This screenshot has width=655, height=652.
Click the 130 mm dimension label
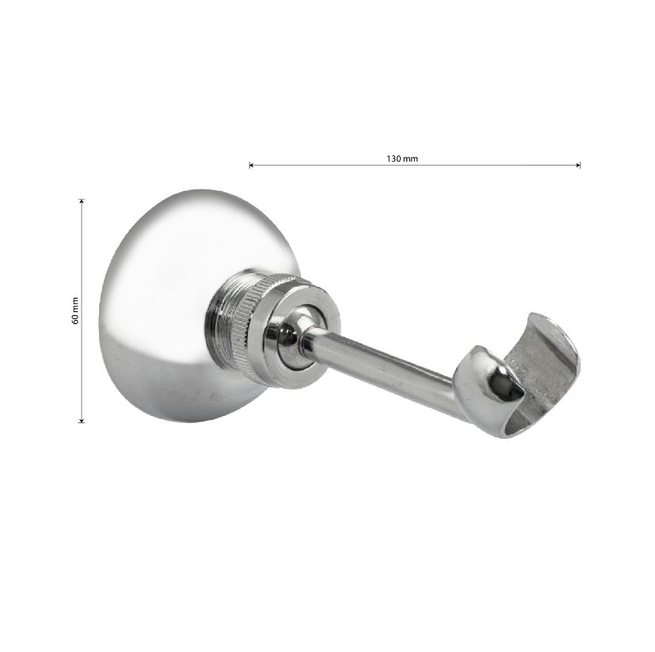click(x=402, y=158)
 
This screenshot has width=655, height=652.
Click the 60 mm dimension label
click(x=75, y=311)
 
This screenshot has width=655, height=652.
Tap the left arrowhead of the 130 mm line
click(x=250, y=165)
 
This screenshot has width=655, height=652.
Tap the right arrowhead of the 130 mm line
click(x=578, y=165)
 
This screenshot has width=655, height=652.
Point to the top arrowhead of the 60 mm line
click(x=82, y=201)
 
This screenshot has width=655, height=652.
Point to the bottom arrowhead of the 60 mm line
click(x=82, y=420)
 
